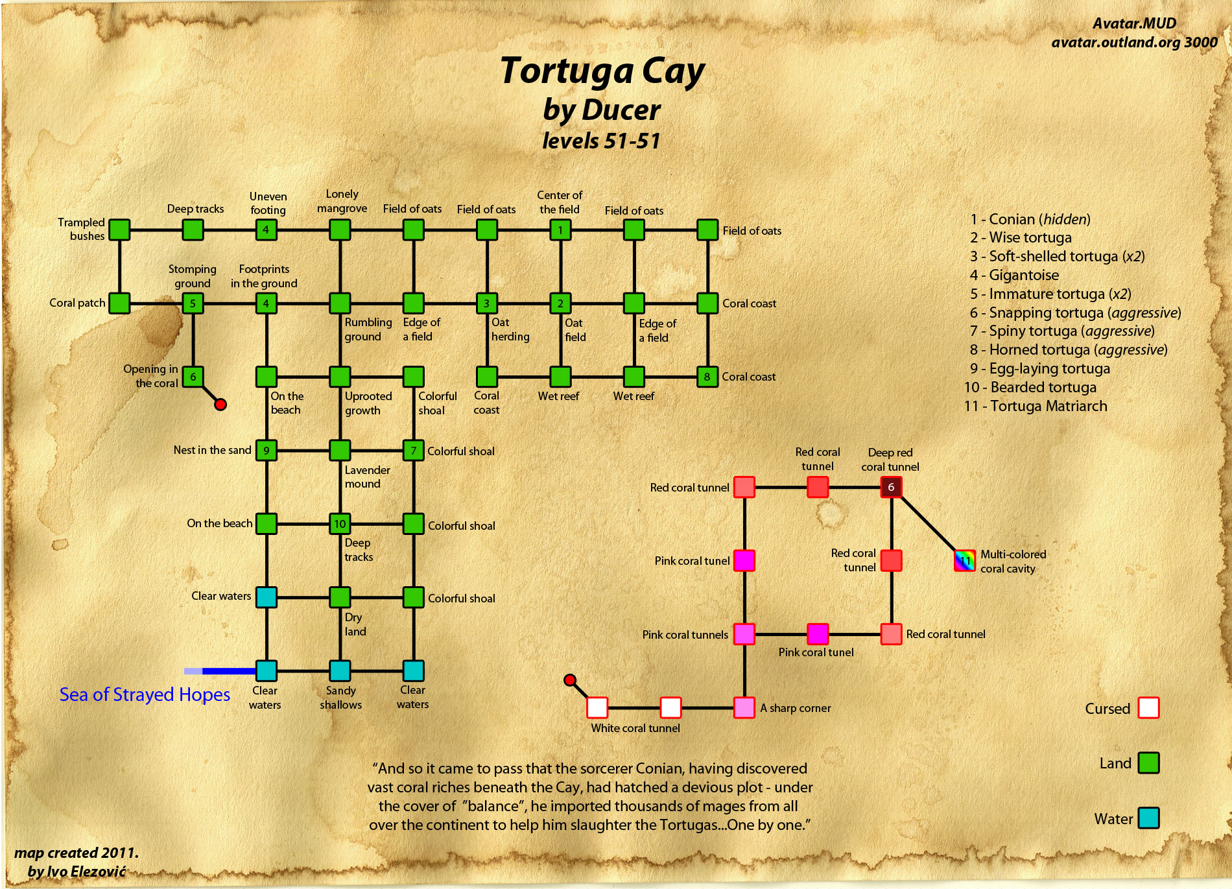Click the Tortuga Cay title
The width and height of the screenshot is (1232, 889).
click(602, 71)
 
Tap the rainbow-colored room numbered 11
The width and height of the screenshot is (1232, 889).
click(965, 560)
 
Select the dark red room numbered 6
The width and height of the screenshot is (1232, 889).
click(891, 487)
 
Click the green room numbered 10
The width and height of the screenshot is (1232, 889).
click(340, 523)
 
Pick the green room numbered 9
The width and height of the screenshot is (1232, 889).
click(267, 450)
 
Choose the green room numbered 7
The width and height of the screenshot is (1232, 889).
click(414, 450)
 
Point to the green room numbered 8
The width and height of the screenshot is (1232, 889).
click(707, 377)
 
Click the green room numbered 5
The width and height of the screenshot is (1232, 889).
click(193, 303)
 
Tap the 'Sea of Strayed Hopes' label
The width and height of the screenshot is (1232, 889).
click(145, 694)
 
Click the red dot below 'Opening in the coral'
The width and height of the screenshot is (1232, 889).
click(220, 405)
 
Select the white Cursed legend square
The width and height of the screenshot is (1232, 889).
click(1148, 707)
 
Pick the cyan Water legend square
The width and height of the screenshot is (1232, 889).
click(1148, 818)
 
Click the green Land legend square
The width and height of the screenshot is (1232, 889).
click(1148, 763)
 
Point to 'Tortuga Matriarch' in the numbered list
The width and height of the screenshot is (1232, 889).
click(1048, 406)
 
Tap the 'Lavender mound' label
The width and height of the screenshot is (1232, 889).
click(367, 477)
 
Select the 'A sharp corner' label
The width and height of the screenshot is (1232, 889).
click(795, 708)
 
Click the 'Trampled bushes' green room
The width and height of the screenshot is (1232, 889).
click(119, 230)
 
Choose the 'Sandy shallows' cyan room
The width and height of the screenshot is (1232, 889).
click(340, 670)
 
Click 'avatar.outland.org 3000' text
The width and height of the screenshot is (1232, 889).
click(1134, 42)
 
